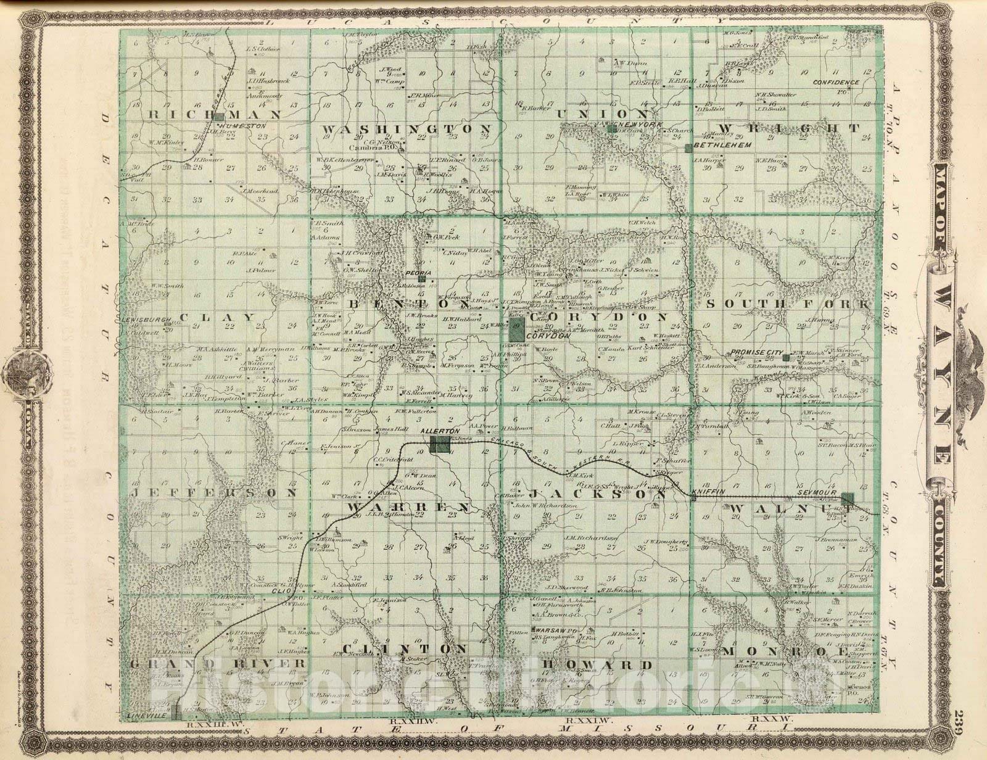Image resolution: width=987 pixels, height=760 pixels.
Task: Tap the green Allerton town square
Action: [439, 444]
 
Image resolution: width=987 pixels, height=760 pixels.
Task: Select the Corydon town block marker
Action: [518, 327]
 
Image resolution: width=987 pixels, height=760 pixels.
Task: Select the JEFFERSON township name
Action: [215, 493]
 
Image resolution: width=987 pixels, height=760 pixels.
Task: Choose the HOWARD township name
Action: [597, 664]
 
